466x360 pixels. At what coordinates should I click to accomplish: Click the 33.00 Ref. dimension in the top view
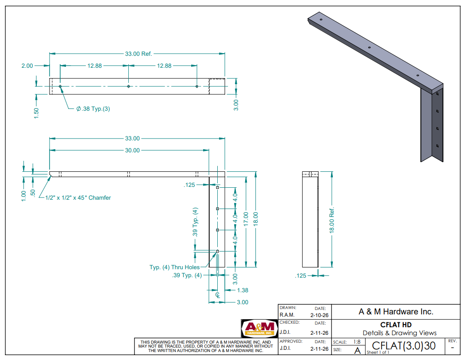[x=139, y=54]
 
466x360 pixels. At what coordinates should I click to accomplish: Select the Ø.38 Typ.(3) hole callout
[x=93, y=109]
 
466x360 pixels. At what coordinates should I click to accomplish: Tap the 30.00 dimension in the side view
[x=132, y=151]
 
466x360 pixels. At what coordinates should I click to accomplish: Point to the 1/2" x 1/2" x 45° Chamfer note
[x=78, y=197]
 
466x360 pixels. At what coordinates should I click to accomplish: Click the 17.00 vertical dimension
[x=246, y=219]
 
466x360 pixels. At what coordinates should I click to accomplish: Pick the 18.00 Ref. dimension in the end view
[x=331, y=220]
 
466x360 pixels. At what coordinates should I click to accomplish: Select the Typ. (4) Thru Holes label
[x=174, y=267]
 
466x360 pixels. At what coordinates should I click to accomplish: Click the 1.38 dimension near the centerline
[x=243, y=290]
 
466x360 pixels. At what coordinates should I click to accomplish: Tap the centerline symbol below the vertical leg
[x=218, y=295]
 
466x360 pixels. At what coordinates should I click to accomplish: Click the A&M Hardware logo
[x=259, y=329]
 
